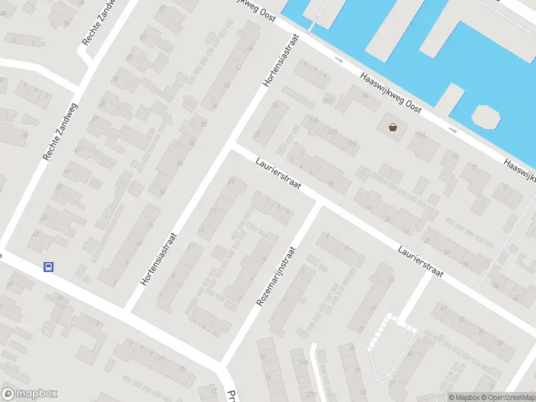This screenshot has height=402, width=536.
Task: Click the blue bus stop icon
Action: (48, 267)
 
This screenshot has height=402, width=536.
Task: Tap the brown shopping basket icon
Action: (392, 127)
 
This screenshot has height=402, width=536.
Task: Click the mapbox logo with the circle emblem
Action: (29, 394)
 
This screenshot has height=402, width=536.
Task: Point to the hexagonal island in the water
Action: (486, 117)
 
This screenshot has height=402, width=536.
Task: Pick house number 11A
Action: (421, 135)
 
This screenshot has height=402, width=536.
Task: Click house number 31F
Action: (328, 100)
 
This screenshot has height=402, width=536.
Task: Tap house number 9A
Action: (365, 96)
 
